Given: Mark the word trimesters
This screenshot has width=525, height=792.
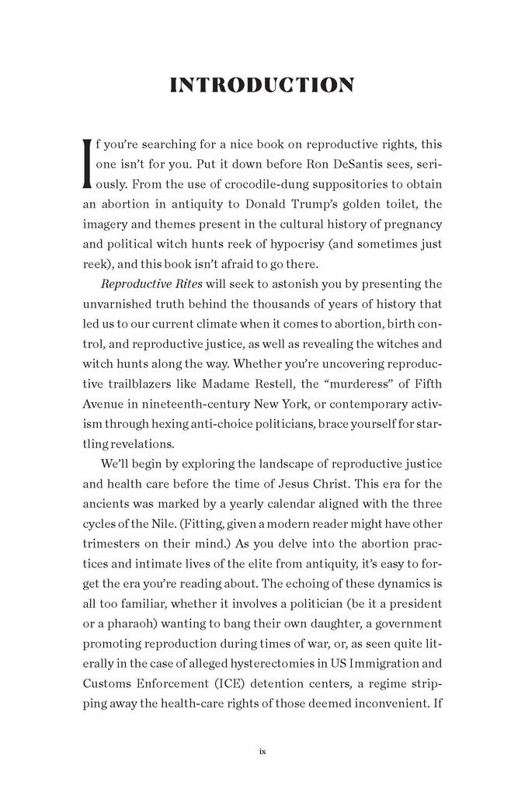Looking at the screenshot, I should (116, 544).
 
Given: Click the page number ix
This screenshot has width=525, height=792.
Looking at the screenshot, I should (262, 752).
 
